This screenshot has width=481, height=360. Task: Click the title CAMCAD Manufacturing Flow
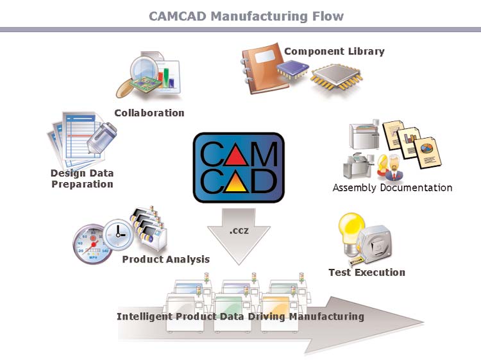pos(246,15)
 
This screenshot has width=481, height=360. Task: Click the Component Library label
pos(333,51)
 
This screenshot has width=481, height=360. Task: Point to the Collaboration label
pos(149,113)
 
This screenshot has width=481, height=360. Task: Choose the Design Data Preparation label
pos(81,178)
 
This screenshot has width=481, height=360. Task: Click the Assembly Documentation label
pos(392,188)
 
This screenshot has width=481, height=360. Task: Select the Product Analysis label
pos(165,259)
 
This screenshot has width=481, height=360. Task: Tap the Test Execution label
pos(366,272)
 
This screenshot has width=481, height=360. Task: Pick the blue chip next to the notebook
pos(294,71)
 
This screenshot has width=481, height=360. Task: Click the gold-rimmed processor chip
pos(338,79)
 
